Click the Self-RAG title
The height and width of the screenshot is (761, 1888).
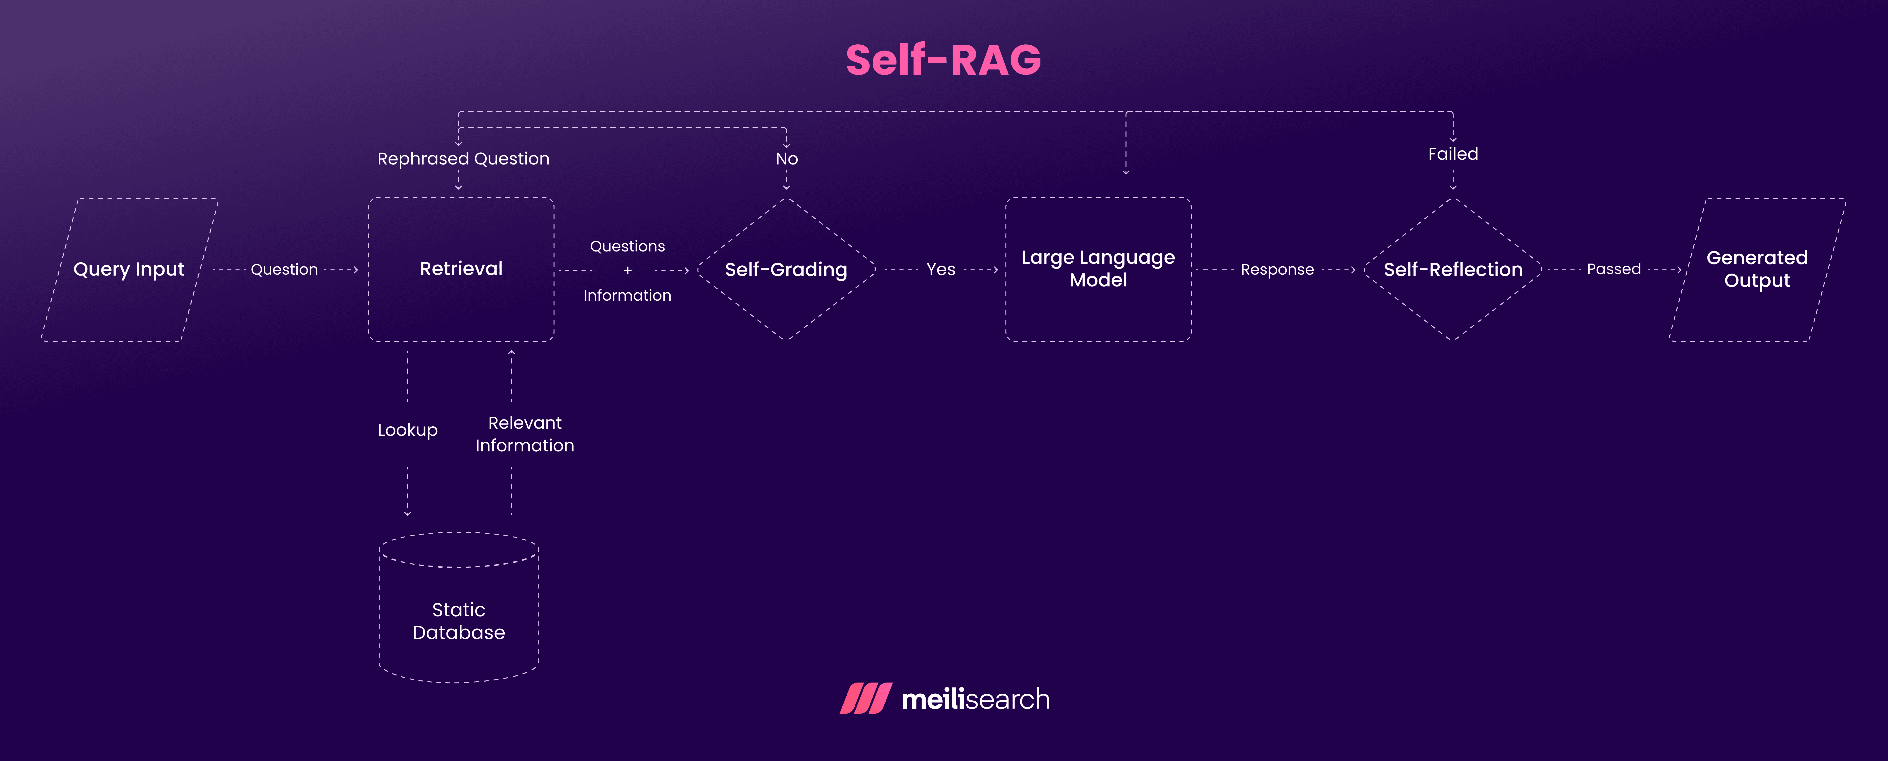(943, 60)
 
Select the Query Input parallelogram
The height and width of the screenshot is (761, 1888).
(129, 269)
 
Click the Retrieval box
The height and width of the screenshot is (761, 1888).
(461, 269)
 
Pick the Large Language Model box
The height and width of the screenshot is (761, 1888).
(1098, 269)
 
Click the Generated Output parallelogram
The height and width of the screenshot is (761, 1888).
(1757, 269)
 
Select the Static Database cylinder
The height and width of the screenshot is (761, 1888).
(459, 619)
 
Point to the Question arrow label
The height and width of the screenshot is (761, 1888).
(284, 270)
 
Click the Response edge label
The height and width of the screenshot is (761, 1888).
(1277, 270)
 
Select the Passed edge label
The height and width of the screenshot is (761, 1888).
(1613, 269)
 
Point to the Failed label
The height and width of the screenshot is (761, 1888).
(1453, 154)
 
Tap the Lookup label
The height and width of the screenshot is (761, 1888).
(407, 430)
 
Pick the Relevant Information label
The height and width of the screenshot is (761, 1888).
(525, 434)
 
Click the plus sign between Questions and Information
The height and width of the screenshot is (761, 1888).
(627, 271)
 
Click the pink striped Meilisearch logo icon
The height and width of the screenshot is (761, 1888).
(866, 699)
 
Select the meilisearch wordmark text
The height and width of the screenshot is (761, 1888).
(975, 699)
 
